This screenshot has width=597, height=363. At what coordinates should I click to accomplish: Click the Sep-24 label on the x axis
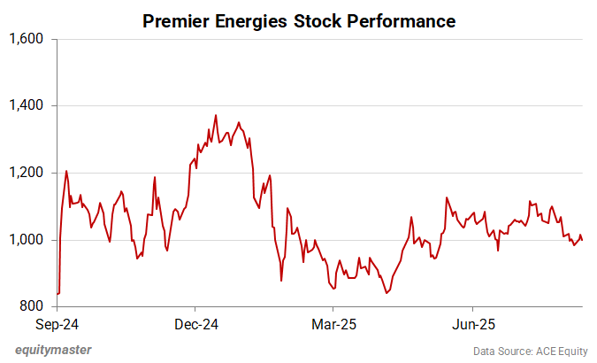59,323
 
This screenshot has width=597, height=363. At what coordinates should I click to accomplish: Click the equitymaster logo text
53,350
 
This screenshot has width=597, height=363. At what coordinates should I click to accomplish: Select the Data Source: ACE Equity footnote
530,351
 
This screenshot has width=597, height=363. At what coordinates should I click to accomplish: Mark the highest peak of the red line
216,115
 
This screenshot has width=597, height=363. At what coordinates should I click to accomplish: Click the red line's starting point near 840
57,293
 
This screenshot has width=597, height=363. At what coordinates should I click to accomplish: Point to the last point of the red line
582,240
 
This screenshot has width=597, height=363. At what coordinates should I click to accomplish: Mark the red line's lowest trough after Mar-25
386,293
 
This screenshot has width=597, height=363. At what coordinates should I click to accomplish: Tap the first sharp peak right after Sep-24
66,171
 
